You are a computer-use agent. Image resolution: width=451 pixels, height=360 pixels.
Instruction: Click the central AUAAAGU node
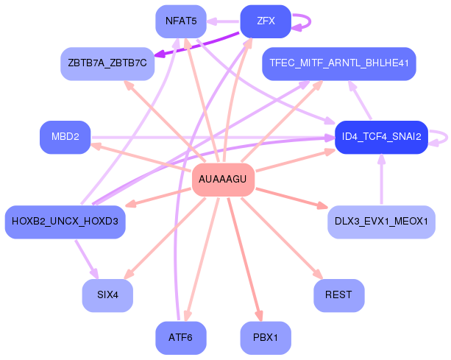223,180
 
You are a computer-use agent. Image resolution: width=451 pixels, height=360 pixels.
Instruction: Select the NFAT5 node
180,21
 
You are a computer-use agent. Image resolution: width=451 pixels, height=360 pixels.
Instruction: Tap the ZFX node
266,21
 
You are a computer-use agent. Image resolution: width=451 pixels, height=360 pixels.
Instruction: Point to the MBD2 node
65,137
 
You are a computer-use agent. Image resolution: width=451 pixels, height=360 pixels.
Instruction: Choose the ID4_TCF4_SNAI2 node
381,137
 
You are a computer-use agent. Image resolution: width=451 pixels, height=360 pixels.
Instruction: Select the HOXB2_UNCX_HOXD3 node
65,222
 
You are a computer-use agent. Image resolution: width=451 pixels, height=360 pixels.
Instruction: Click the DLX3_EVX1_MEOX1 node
380,222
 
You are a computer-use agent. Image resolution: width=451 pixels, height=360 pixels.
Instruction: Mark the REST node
338,296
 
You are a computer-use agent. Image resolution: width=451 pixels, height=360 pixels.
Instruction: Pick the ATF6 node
180,338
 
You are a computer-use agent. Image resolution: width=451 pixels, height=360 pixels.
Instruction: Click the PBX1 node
266,338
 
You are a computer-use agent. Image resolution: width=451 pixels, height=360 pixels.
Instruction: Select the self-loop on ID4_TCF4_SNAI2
441,137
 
